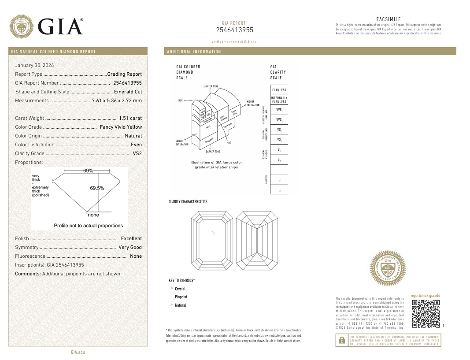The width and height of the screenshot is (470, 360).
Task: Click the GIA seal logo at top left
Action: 22,26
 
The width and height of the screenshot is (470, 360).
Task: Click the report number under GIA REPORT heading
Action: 234,30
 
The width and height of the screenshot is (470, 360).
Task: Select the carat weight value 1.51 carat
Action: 130,118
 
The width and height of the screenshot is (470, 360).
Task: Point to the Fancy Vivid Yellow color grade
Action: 121,127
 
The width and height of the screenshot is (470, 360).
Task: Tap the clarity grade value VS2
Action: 137,153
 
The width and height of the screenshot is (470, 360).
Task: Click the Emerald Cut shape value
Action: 128,92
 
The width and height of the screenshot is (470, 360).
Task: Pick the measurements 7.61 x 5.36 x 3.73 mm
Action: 117,100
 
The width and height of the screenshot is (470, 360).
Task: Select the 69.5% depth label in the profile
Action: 97,188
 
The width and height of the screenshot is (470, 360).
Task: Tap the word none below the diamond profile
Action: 93,215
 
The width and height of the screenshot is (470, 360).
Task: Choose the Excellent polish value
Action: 131,238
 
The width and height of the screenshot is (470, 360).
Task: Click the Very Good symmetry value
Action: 130,247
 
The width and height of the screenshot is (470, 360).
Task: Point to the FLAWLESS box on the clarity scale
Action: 279,90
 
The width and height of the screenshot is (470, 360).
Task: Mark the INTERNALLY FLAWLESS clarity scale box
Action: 279,100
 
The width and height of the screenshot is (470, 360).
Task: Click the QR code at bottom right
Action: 426,313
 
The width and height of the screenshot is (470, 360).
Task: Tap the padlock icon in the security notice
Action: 341,340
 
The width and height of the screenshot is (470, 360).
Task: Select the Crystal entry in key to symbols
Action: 180,289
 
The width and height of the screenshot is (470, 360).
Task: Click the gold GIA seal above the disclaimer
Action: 388,268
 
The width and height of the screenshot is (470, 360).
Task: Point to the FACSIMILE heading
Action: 389,19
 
